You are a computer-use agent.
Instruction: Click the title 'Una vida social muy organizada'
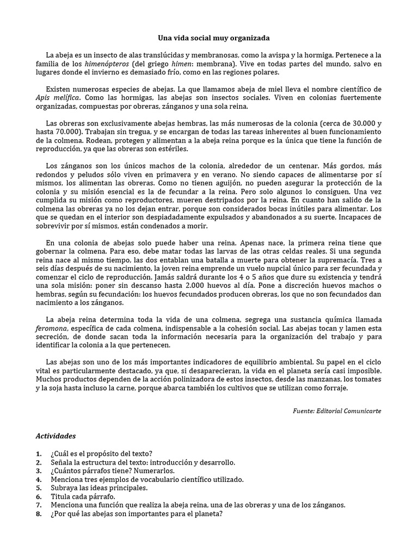[210, 38]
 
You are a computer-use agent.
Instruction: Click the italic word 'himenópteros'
[107, 64]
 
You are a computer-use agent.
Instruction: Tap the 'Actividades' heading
[56, 436]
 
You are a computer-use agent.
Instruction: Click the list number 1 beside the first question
[38, 453]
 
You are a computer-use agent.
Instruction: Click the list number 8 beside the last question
[38, 513]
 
